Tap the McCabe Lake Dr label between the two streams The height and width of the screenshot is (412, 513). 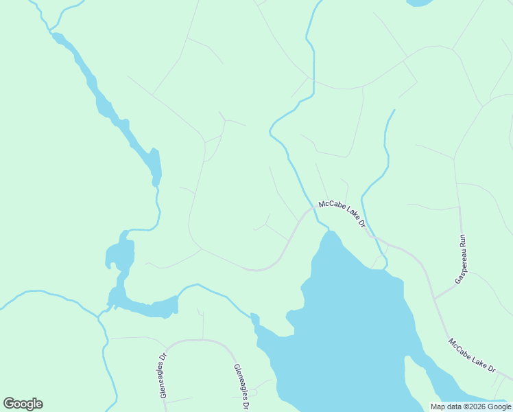point(341,214)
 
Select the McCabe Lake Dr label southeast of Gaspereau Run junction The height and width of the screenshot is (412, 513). point(472,355)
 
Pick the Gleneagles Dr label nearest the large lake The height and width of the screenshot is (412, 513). point(240,386)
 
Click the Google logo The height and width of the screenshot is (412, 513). point(23,404)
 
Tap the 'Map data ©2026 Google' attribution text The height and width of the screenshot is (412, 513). point(470,407)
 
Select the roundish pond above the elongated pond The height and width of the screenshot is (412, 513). point(120,254)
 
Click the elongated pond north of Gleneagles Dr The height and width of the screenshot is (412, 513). point(147,306)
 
